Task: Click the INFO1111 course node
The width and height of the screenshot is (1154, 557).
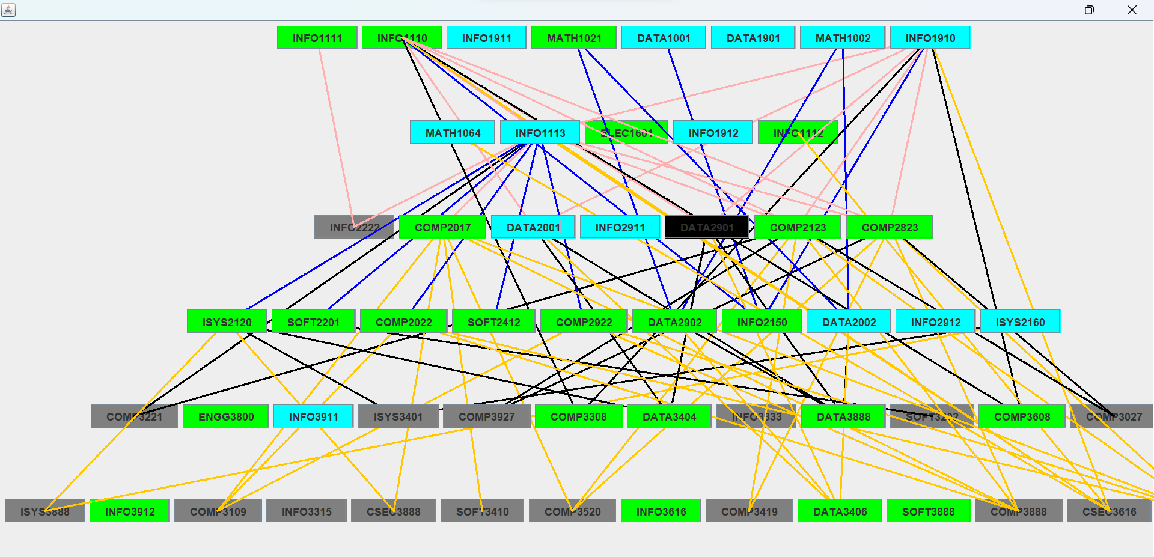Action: (x=317, y=38)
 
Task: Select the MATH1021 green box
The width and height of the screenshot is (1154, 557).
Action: (x=574, y=38)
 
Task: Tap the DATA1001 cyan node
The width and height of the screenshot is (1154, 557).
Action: (x=664, y=38)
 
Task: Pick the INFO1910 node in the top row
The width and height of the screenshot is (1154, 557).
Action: (x=930, y=38)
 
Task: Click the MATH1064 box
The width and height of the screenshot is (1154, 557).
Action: (x=453, y=133)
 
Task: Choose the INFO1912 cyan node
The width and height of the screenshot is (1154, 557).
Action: (x=713, y=133)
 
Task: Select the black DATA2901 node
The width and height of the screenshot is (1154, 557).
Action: (x=707, y=227)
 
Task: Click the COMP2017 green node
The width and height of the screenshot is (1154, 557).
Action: (x=442, y=227)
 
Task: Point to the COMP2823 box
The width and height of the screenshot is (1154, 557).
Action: (x=890, y=227)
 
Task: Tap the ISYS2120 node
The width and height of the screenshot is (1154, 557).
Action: (x=227, y=322)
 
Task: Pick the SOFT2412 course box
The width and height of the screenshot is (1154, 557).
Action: (x=493, y=322)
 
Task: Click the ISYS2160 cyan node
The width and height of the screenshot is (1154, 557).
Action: (x=1020, y=322)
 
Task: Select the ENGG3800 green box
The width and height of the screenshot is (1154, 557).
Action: (x=226, y=416)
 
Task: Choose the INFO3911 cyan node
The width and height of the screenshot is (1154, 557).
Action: (x=313, y=416)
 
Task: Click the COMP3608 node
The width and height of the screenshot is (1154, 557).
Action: (x=1022, y=416)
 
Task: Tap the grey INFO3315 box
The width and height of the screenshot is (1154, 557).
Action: (x=307, y=511)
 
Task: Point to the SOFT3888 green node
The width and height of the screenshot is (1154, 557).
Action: (x=928, y=511)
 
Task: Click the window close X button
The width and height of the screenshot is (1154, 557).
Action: (x=1132, y=10)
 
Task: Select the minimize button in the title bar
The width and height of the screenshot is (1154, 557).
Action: (x=1048, y=10)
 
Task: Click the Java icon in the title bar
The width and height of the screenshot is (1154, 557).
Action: (x=8, y=10)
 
